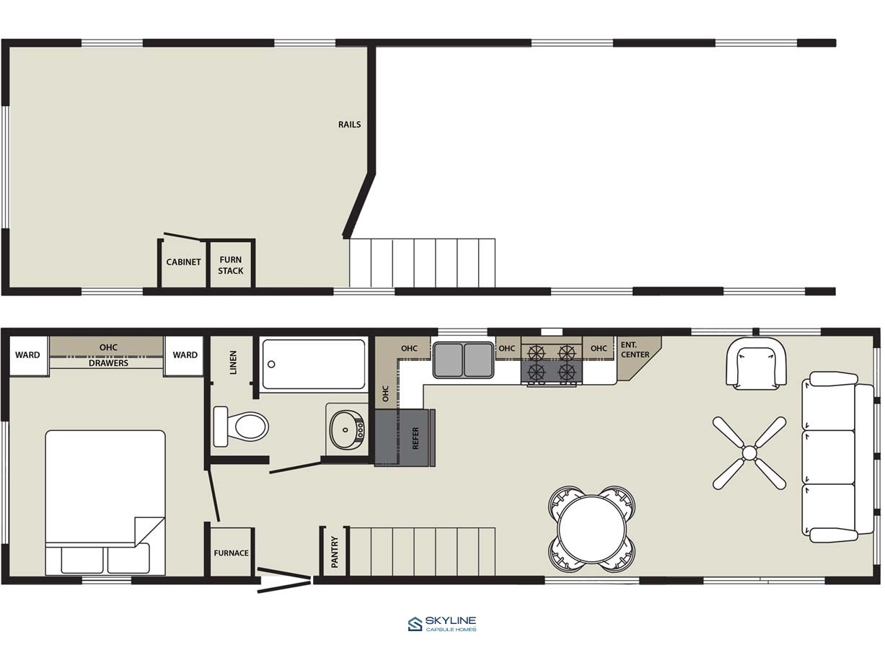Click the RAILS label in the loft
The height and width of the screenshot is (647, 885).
click(x=349, y=125)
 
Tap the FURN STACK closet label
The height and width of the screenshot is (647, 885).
click(x=231, y=265)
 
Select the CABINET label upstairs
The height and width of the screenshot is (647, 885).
click(x=183, y=262)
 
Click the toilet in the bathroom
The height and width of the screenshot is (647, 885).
click(x=241, y=427)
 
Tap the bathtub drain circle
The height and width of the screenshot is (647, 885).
click(x=271, y=364)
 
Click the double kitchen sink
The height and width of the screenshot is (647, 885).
click(x=464, y=360)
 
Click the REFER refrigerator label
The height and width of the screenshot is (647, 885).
click(x=415, y=438)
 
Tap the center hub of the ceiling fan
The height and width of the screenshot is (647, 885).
click(x=749, y=452)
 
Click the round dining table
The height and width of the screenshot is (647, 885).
click(x=592, y=530)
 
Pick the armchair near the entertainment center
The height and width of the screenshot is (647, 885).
click(x=756, y=363)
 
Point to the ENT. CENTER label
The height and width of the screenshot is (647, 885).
click(x=635, y=349)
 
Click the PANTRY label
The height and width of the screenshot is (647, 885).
click(x=335, y=552)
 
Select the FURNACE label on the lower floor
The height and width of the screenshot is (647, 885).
click(x=231, y=553)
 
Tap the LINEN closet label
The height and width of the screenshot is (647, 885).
click(x=233, y=362)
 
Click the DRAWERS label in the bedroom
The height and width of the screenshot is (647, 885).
click(x=108, y=363)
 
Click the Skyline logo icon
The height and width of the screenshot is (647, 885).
click(x=415, y=624)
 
